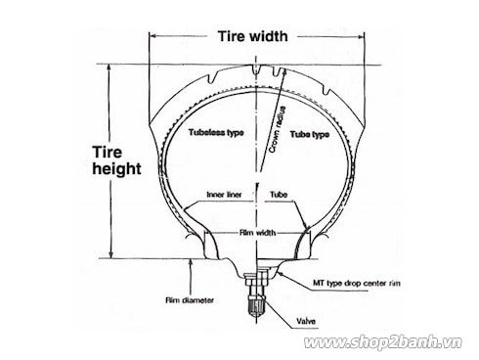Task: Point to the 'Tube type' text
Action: [x=306, y=134]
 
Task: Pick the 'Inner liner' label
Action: [x=225, y=194]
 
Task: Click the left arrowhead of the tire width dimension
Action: [x=152, y=37]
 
